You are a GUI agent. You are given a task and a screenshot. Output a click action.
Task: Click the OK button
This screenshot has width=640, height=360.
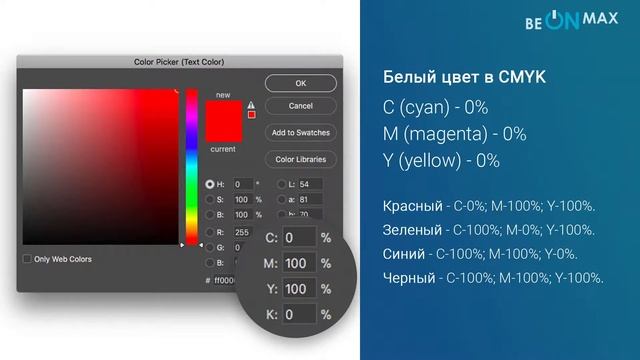coord(300,83)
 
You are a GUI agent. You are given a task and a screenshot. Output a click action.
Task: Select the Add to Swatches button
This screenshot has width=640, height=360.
coord(300,132)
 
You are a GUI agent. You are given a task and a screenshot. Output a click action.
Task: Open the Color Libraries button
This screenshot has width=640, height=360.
coord(300,159)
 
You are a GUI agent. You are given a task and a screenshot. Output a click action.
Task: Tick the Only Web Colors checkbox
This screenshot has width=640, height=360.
coord(27,259)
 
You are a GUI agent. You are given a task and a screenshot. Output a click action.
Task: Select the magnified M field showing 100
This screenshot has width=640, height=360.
coord(298,264)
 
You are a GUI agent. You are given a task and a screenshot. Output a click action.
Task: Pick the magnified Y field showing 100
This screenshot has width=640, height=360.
coord(298,289)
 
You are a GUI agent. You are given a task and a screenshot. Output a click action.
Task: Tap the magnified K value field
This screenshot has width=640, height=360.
coord(298,315)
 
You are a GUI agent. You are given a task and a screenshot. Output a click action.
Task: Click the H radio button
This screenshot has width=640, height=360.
coord(210,185)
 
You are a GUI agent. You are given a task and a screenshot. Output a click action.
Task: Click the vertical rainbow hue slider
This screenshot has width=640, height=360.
coord(191,165)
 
